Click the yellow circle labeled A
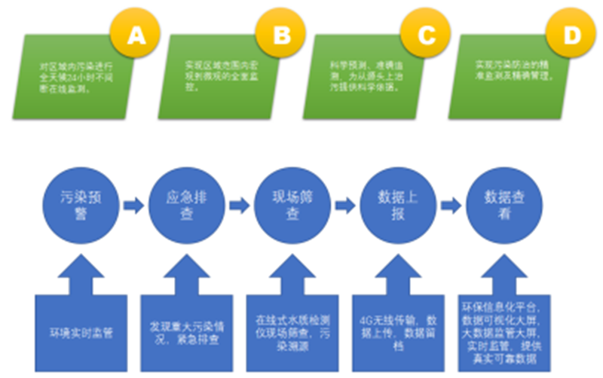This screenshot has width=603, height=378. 136,35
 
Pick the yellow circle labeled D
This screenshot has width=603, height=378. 573,35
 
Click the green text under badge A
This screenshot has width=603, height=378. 75,78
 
